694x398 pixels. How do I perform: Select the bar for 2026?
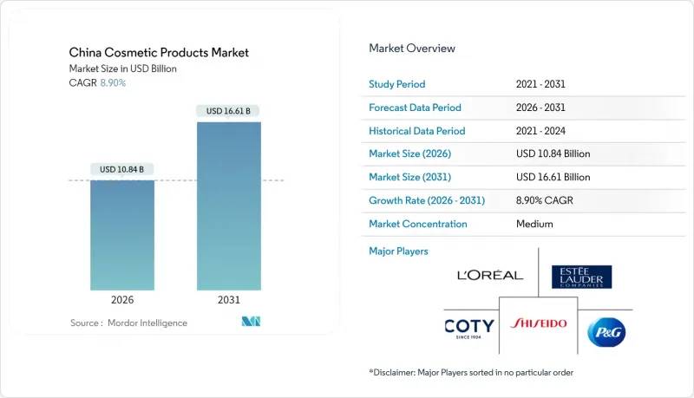[x=122, y=235]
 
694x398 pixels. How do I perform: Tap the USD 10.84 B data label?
[x=122, y=168]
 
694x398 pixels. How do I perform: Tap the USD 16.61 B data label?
[x=228, y=111]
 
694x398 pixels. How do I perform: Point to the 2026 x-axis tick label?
[x=122, y=301]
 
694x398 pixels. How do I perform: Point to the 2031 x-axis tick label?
[x=228, y=301]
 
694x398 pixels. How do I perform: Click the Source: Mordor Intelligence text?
[x=128, y=323]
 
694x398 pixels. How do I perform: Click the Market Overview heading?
[x=412, y=48]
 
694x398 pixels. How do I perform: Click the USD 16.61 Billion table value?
[x=553, y=177]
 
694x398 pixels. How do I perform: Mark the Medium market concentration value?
[x=534, y=224]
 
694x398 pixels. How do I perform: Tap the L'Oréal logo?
[x=490, y=276]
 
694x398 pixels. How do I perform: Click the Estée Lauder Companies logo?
[x=581, y=277]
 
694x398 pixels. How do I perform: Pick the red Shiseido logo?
[x=539, y=323]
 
